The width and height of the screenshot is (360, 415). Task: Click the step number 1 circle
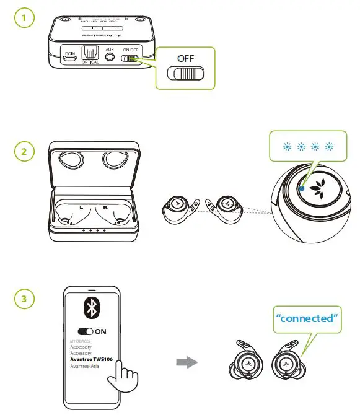[24, 19]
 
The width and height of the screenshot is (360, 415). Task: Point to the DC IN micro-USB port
[70, 59]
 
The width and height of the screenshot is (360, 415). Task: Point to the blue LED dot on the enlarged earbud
[301, 189]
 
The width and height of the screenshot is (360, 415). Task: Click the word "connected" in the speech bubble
[307, 318]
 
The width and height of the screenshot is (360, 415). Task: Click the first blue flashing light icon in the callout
[286, 147]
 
